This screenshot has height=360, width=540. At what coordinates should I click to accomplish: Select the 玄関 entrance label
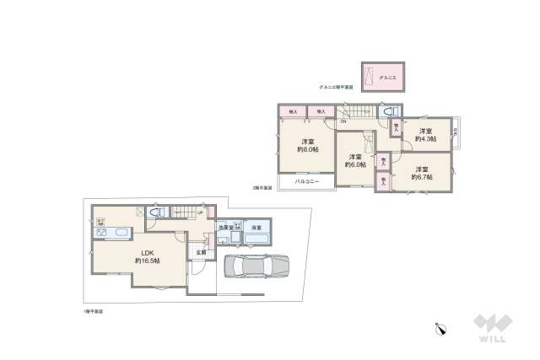point(201,253)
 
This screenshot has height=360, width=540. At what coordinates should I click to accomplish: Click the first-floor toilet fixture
point(154,214)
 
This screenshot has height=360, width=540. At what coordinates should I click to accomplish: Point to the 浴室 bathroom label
point(256,228)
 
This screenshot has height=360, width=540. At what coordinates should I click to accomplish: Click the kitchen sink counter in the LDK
point(111,234)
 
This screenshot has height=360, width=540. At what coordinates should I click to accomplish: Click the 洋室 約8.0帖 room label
point(308,144)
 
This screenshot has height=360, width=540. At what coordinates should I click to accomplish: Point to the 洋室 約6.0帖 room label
point(354,160)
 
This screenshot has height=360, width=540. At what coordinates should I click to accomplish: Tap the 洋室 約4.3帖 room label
point(423,135)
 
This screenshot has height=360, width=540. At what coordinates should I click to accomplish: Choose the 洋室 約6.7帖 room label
point(423,173)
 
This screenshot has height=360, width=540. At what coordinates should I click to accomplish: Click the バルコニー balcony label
point(306,181)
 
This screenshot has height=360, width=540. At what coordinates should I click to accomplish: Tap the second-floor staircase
point(359,113)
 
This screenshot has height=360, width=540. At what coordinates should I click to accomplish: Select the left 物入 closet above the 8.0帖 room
point(293,111)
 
